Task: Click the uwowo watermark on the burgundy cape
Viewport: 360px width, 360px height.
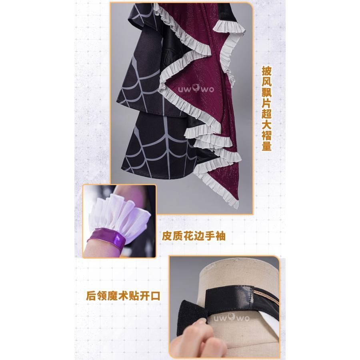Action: point(196,88)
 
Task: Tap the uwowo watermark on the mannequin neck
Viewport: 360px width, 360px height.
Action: point(232,318)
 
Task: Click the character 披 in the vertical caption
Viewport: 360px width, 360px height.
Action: point(267,71)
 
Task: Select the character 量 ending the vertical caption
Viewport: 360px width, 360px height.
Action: point(267,146)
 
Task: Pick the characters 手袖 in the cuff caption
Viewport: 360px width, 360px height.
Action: point(215,236)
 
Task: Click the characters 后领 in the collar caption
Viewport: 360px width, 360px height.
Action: point(97,296)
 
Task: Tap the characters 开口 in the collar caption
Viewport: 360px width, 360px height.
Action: point(150,296)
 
